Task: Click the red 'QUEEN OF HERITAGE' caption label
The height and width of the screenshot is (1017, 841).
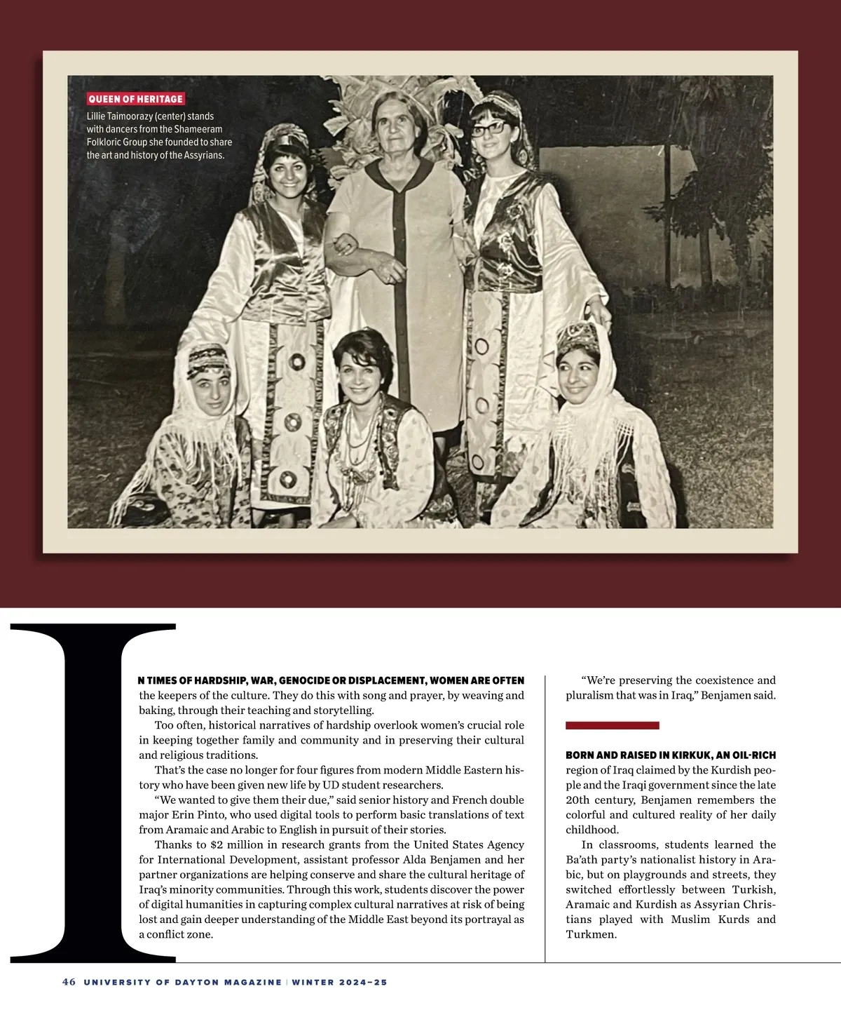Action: pyautogui.click(x=135, y=100)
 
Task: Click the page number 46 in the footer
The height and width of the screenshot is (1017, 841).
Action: pyautogui.click(x=69, y=983)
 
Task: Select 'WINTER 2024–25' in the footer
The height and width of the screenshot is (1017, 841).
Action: pyautogui.click(x=340, y=983)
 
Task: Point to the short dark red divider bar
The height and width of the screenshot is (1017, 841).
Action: pyautogui.click(x=612, y=725)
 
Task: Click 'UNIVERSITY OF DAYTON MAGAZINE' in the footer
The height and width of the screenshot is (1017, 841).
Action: pyautogui.click(x=183, y=983)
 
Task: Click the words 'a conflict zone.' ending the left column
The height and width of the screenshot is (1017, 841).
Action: pyautogui.click(x=175, y=934)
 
